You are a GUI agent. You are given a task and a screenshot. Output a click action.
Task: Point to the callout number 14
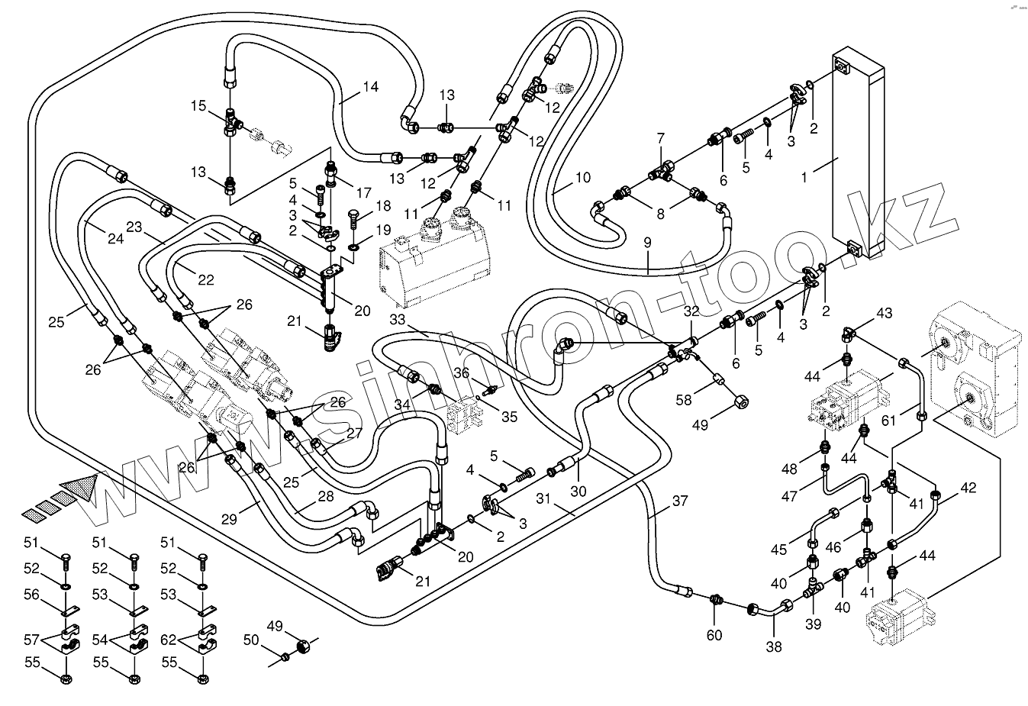pos(370,87)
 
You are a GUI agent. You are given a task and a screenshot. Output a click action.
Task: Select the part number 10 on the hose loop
pos(582,178)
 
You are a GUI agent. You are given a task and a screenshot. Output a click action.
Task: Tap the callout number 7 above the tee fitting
pos(661,138)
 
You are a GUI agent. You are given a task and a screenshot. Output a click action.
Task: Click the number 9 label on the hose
pos(647,243)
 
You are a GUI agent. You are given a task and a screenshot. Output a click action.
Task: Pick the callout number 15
pos(198,106)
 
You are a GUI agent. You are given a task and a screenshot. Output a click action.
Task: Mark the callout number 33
pos(397,319)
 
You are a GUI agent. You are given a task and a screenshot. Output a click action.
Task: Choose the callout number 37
pos(679,501)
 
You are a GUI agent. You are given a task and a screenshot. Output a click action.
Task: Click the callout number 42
pos(968,488)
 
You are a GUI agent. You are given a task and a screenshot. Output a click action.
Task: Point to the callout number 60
pos(714,635)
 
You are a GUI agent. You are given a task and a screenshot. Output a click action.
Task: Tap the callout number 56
pos(31,595)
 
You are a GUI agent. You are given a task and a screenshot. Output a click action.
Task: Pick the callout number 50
pos(252,640)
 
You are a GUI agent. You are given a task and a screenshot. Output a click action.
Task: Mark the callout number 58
pos(683,400)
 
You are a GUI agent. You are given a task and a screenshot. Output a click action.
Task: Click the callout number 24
pos(115,239)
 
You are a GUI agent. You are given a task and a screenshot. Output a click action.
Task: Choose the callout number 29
pos(229,519)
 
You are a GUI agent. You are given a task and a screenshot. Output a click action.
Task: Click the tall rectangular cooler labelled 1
pos(855,153)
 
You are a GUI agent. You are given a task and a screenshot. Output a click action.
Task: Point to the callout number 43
pos(884,314)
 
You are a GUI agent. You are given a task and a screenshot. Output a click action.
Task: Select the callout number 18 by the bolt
pos(382,207)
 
